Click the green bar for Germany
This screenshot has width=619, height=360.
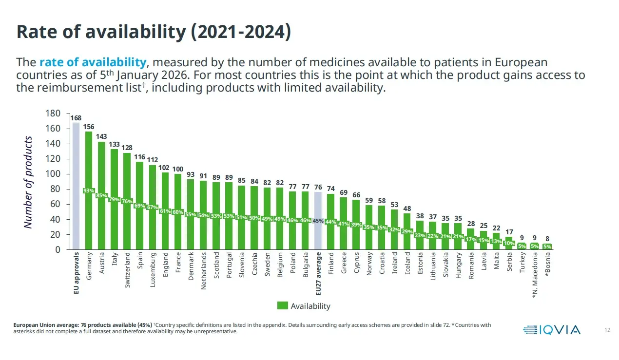click(89, 190)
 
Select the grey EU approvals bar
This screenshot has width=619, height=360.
click(76, 186)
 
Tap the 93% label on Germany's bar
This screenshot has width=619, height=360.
click(89, 190)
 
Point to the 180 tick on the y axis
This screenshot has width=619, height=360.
click(53, 114)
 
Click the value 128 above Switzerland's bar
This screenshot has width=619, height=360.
click(127, 148)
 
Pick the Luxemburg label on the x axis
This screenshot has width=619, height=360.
click(153, 270)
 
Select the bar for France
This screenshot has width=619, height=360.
click(178, 211)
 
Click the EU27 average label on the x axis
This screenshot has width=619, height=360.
click(318, 273)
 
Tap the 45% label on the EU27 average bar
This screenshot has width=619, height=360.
click(318, 221)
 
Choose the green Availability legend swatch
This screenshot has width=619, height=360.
click(282, 305)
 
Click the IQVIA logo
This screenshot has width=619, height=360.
click(552, 330)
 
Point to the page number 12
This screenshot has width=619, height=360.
click(607, 330)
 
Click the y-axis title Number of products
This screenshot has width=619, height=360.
click(28, 182)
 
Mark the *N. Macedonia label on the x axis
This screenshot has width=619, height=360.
click(535, 275)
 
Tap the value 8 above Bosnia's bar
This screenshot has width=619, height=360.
click(547, 238)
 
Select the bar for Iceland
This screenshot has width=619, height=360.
click(407, 231)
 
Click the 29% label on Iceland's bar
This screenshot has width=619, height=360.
click(407, 231)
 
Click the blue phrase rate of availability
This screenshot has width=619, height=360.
click(93, 62)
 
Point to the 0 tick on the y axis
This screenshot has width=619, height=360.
click(58, 249)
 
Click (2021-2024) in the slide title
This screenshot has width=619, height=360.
click(241, 32)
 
